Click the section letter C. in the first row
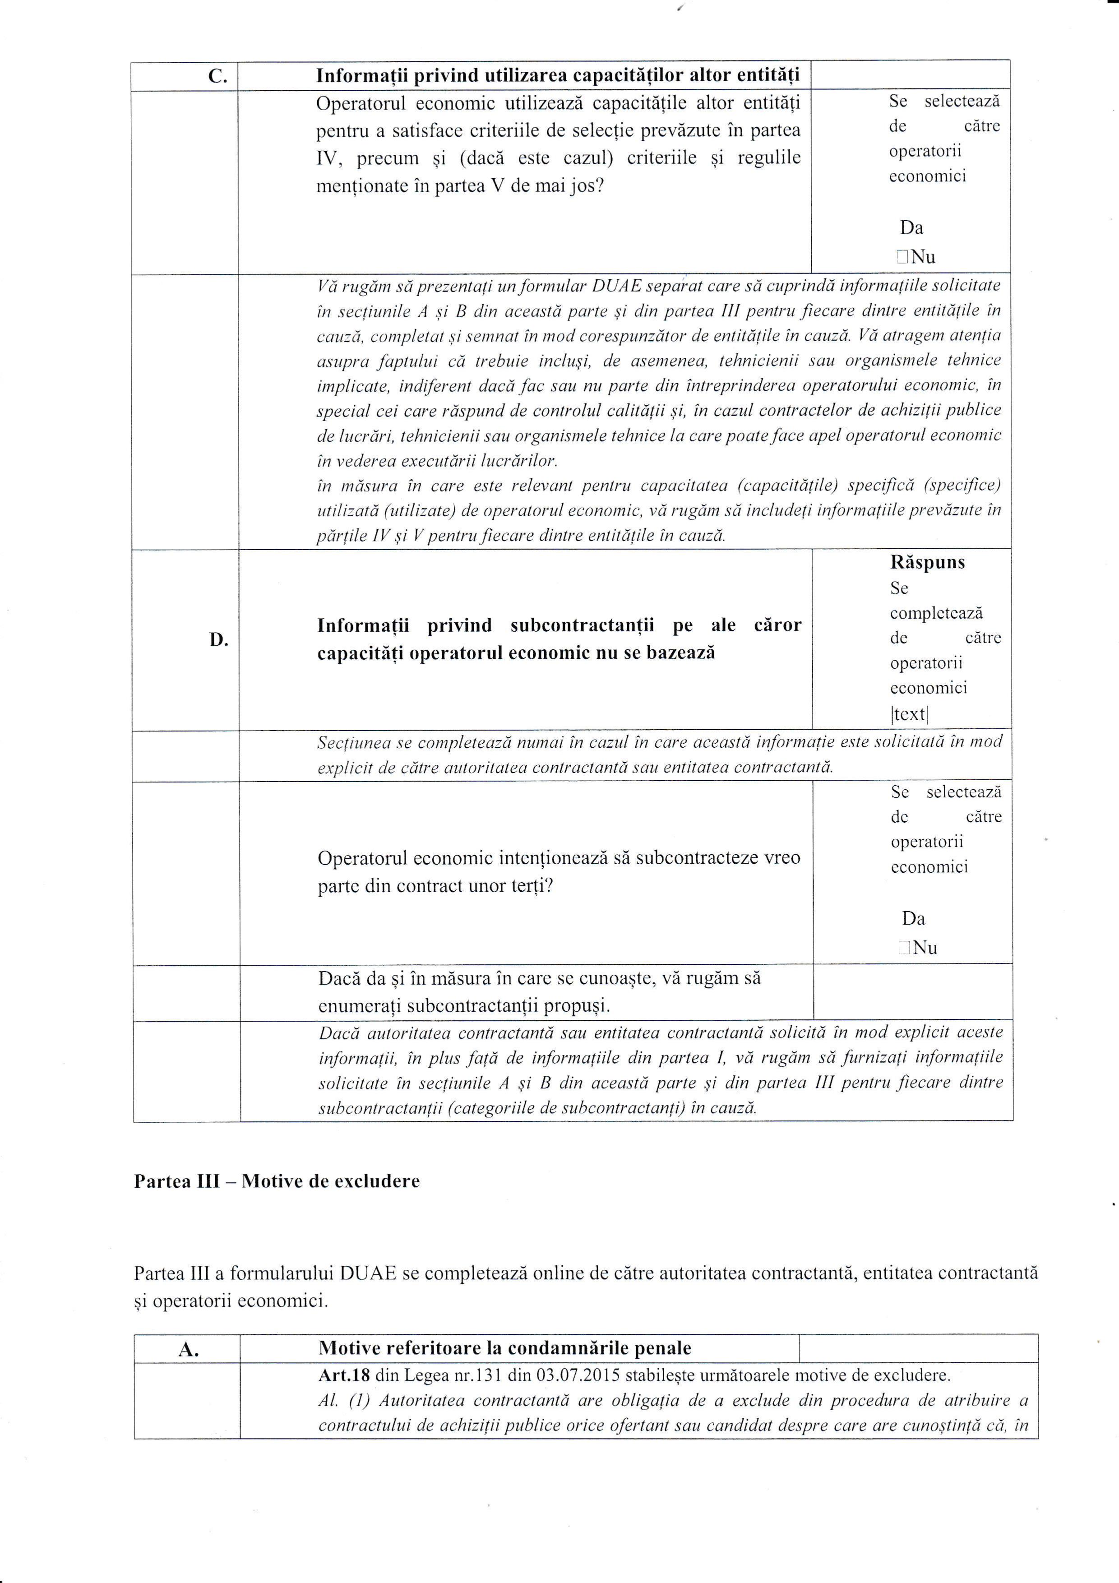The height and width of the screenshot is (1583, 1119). [217, 76]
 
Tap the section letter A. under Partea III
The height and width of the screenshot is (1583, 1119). [188, 1350]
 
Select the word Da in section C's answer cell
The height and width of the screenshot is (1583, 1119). [911, 228]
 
